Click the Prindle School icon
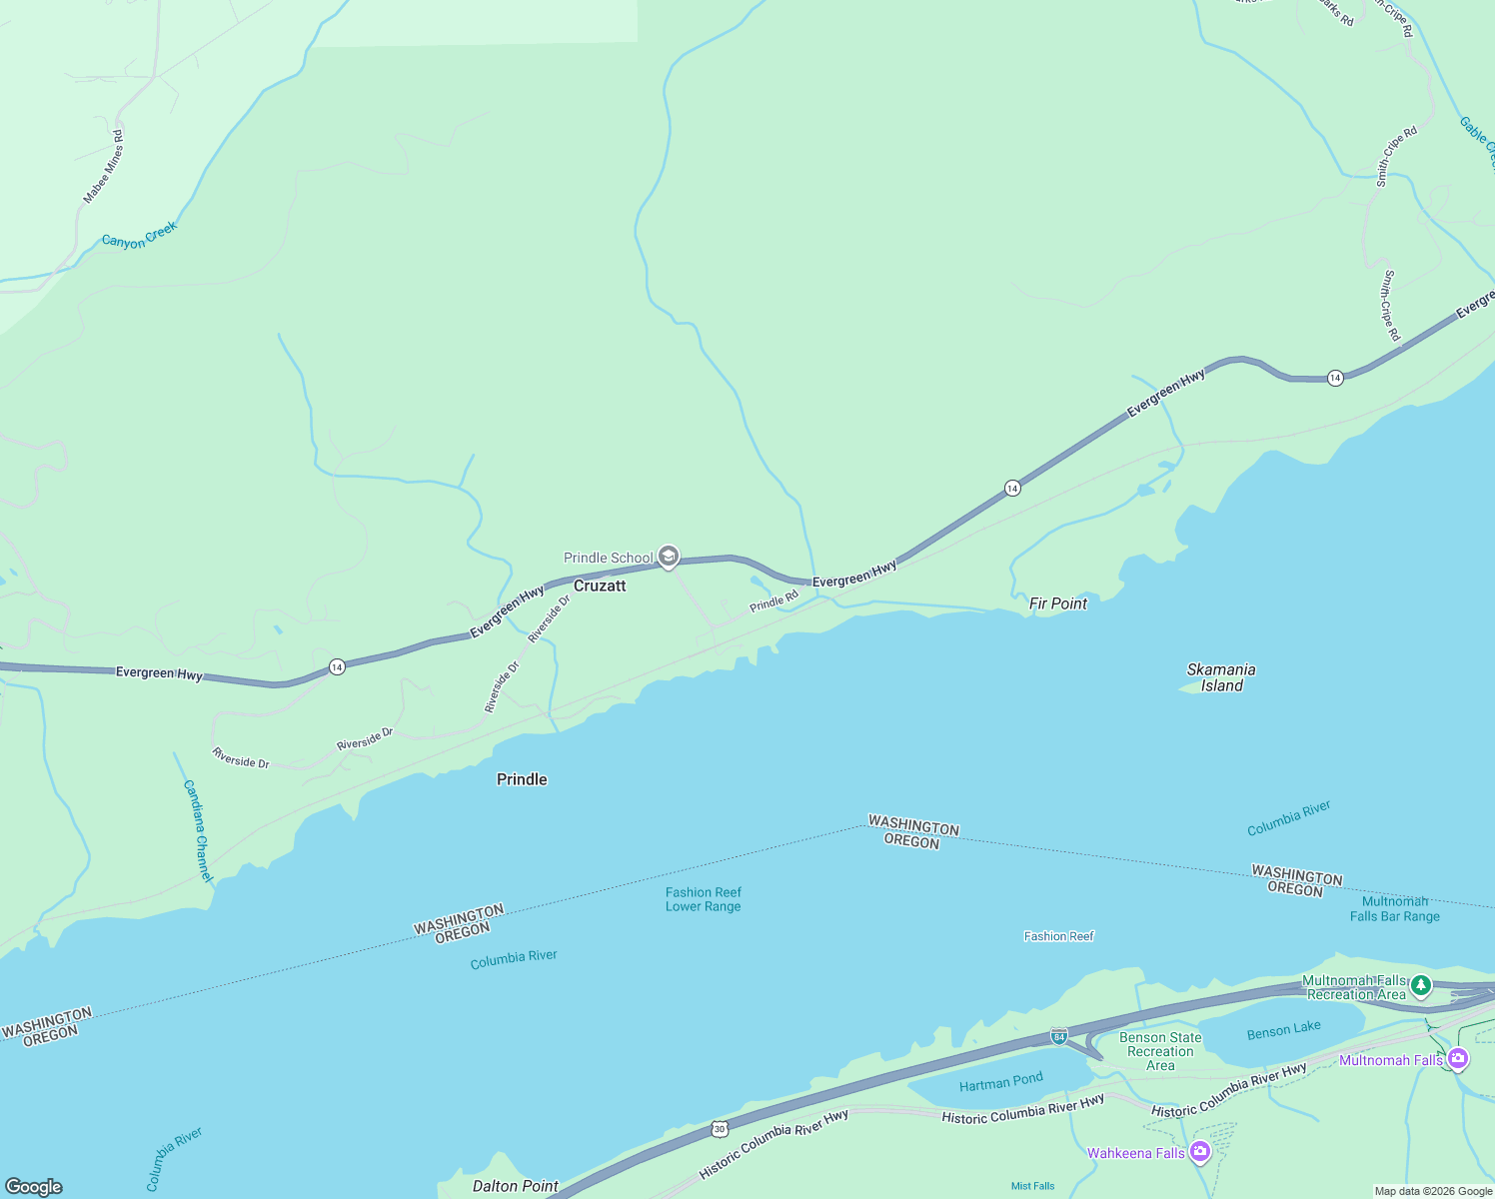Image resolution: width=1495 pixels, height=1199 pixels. coord(669,557)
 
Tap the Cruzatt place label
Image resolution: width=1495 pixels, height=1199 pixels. coord(600,586)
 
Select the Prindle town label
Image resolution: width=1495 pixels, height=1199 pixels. coord(522,779)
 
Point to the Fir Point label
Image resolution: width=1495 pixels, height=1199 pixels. coord(1057,603)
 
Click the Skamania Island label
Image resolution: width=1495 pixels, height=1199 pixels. coord(1221,677)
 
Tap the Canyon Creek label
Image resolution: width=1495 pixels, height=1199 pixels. coord(139,236)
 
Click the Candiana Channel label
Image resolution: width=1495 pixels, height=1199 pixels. coord(199,830)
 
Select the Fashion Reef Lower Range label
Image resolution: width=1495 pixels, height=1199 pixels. coord(704,899)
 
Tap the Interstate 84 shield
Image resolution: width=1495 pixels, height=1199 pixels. coord(1059,1036)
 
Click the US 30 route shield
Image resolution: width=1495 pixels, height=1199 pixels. coord(720,1129)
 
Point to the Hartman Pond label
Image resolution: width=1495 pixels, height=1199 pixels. coord(1000,1081)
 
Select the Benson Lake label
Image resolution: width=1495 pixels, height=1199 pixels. coord(1283,1029)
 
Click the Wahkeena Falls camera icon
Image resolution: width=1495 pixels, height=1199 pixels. coord(1200,1153)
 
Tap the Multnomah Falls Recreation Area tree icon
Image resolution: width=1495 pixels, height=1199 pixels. coord(1420,986)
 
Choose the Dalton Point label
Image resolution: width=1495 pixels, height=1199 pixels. coord(516,1186)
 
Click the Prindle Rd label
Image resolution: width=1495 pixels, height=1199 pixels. coord(773,601)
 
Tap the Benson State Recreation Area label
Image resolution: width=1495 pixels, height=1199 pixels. coord(1160,1051)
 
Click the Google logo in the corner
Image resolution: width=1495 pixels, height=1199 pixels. coord(34,1186)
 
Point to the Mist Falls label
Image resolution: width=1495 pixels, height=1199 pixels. coord(1032,1186)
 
